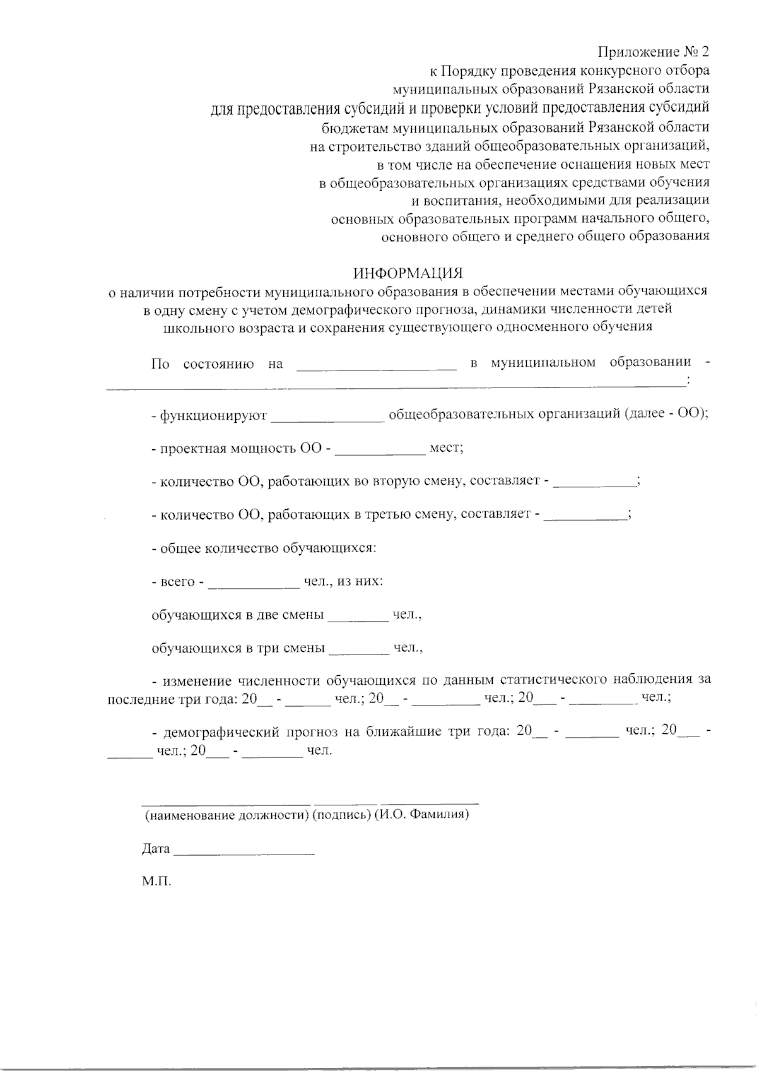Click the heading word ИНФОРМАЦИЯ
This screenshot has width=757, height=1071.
click(408, 273)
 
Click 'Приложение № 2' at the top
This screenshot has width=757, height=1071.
click(654, 51)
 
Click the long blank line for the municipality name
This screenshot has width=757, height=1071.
click(395, 385)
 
